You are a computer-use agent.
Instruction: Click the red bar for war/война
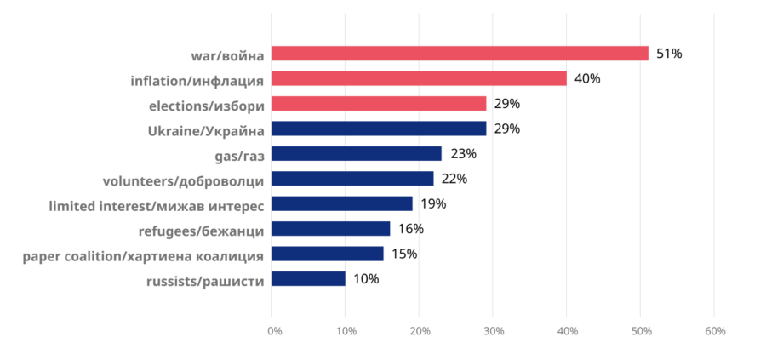pos(460,54)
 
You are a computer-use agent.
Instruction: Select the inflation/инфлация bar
pos(419,78)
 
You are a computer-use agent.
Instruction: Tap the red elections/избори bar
pos(379,104)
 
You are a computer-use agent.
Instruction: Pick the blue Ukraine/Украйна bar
pos(379,129)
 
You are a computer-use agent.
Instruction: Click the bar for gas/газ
pos(356,153)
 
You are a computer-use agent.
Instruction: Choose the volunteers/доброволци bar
pos(352,179)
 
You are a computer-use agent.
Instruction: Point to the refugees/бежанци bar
pos(331,229)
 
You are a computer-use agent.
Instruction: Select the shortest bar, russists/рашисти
pos(308,279)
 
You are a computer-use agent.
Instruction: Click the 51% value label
pos(669,54)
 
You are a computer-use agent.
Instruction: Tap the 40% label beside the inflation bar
pos(587,78)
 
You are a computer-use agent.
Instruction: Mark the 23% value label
pos(463,154)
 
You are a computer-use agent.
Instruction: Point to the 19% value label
pos(433,204)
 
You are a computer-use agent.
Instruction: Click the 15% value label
pos(404,254)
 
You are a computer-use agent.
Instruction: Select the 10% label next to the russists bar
pos(366,279)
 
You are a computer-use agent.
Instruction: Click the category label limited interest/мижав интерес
pos(157,206)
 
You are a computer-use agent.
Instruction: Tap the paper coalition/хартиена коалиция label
pos(144,256)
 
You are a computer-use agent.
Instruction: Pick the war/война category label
pos(227,55)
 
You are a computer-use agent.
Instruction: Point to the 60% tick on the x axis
pos(715,331)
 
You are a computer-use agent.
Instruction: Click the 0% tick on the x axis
pos(275,331)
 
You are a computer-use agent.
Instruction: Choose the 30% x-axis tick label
pos(494,331)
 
